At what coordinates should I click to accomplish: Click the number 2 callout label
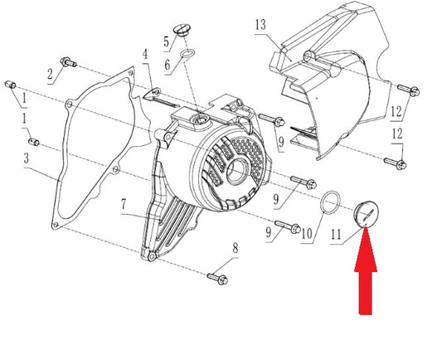point(50,75)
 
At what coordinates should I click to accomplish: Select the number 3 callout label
point(27,158)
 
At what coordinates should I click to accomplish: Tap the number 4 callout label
point(145,54)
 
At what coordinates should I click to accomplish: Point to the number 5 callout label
point(167,42)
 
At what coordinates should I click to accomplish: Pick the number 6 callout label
point(168,66)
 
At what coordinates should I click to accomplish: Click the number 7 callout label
point(124,204)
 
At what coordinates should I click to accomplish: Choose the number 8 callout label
point(236,248)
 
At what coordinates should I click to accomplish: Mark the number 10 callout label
point(307,234)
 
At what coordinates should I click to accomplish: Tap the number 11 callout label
point(336,235)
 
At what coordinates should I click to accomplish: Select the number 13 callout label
point(260,25)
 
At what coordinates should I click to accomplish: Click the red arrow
point(366,270)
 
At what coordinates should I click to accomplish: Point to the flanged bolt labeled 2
point(68,62)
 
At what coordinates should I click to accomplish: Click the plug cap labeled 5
point(182,31)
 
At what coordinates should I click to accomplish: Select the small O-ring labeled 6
point(187,53)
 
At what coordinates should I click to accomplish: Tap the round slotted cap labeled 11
point(367,213)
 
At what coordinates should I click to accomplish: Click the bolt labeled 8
point(217,279)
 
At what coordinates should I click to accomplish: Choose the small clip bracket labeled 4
point(159,98)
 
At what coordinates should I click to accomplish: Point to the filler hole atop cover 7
point(201,120)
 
